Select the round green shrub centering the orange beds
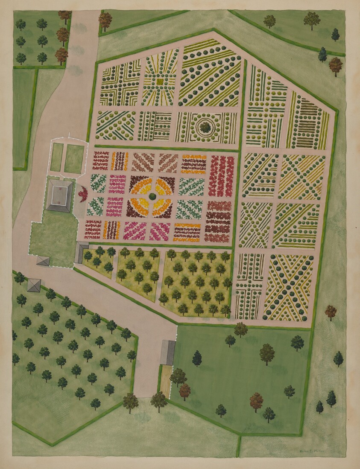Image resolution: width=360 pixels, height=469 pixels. point(152,197)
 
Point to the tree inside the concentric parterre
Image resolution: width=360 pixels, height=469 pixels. point(205,126)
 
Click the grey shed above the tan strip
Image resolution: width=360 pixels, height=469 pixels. point(167,352)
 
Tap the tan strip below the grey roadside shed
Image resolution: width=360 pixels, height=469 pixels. point(166,380)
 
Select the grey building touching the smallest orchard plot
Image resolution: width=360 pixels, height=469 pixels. point(81,252)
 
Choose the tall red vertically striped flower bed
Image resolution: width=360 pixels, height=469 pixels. point(221,176)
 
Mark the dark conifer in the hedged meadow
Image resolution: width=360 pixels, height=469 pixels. point(197,358)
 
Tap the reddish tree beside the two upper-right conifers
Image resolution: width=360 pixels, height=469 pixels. point(336,65)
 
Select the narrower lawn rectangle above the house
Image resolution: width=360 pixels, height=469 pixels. point(56,157)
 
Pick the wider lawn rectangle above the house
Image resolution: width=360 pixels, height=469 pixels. point(74,158)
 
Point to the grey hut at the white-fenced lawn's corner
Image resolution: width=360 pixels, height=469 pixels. point(43,261)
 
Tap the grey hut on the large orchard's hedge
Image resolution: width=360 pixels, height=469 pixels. point(34,285)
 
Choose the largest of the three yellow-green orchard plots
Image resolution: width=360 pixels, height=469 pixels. point(196,282)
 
